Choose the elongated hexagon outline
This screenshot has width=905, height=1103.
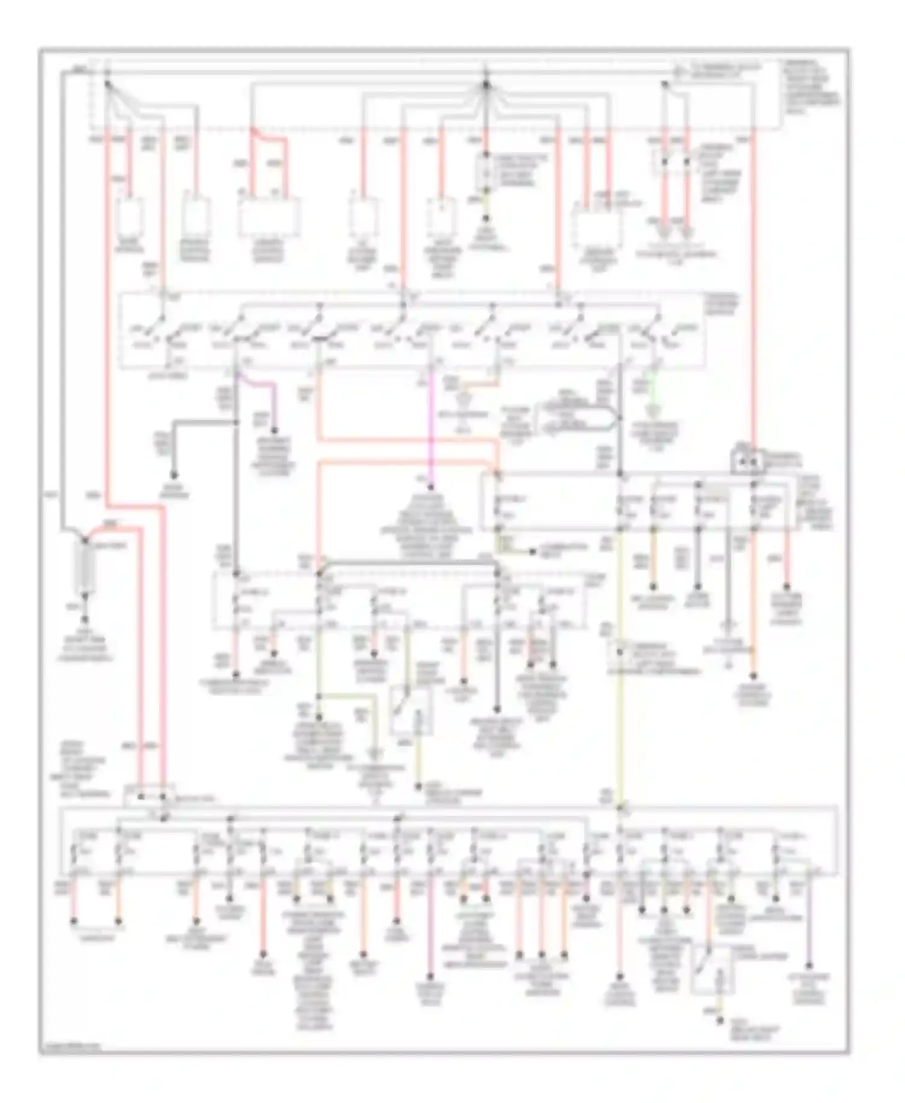(579, 416)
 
